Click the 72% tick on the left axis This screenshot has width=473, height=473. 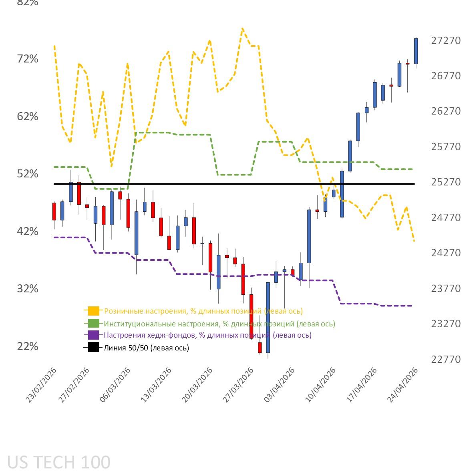click(x=28, y=59)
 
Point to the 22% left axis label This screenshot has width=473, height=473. click(x=28, y=346)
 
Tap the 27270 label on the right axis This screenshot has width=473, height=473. click(x=446, y=41)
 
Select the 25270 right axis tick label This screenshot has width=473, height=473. click(x=446, y=182)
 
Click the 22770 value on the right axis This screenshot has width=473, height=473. click(x=446, y=359)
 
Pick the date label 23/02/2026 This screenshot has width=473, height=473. click(x=41, y=385)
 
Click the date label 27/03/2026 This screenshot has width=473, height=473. click(x=239, y=385)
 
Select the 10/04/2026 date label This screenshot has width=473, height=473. click(x=321, y=385)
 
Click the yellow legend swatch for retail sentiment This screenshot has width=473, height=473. click(x=93, y=311)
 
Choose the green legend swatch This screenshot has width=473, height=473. click(x=93, y=324)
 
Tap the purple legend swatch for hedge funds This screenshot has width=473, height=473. click(x=93, y=335)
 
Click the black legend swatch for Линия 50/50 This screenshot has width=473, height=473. click(x=93, y=348)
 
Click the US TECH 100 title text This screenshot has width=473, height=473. click(x=59, y=462)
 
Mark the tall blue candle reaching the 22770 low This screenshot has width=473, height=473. click(x=268, y=317)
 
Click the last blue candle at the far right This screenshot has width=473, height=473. click(x=416, y=51)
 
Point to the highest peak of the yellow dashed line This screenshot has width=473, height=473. click(x=242, y=29)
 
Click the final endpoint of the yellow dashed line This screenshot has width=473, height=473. click(x=414, y=241)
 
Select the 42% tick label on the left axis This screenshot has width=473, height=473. click(x=28, y=231)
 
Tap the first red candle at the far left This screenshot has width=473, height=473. click(x=54, y=211)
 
